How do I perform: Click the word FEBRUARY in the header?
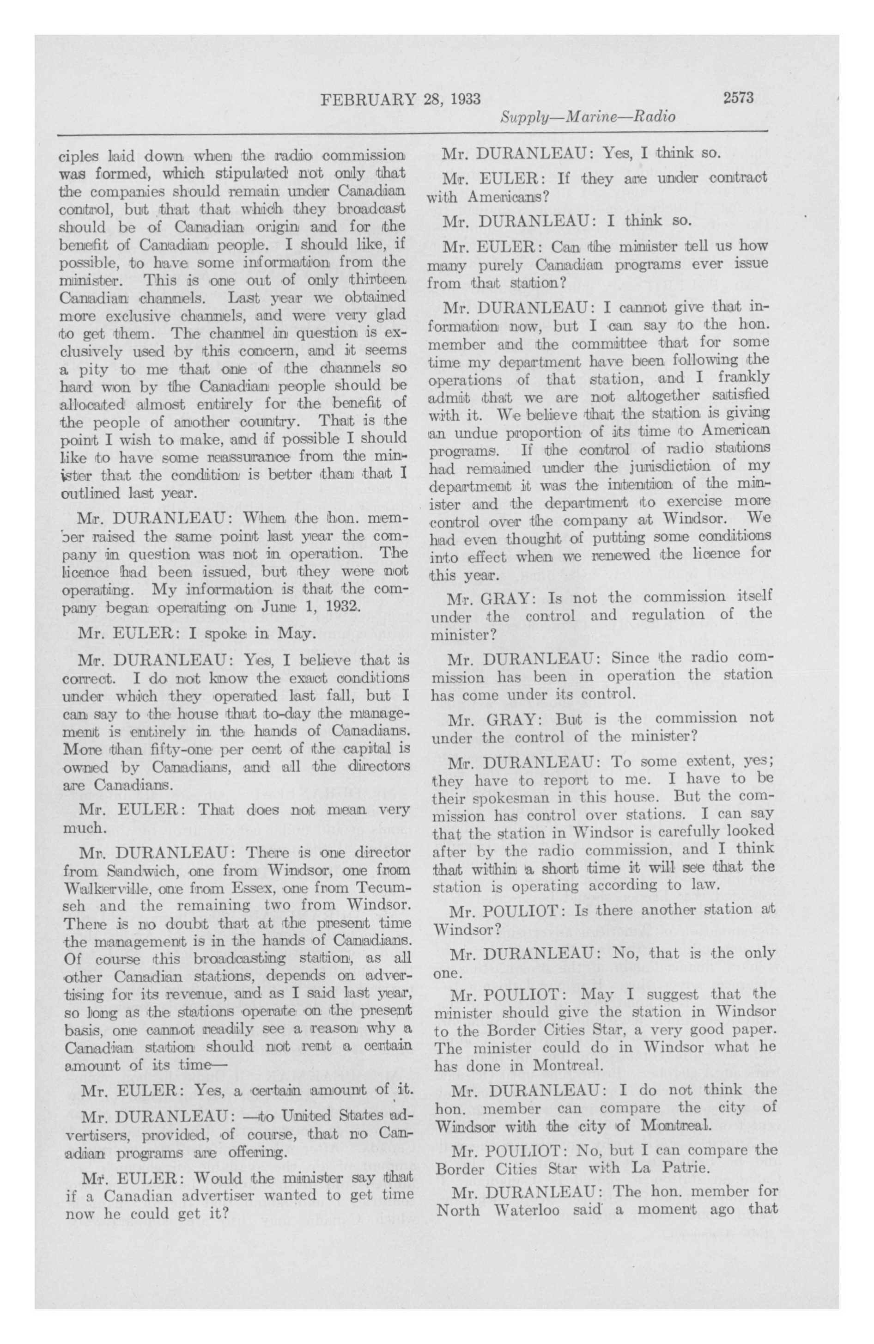pyautogui.click(x=368, y=99)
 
